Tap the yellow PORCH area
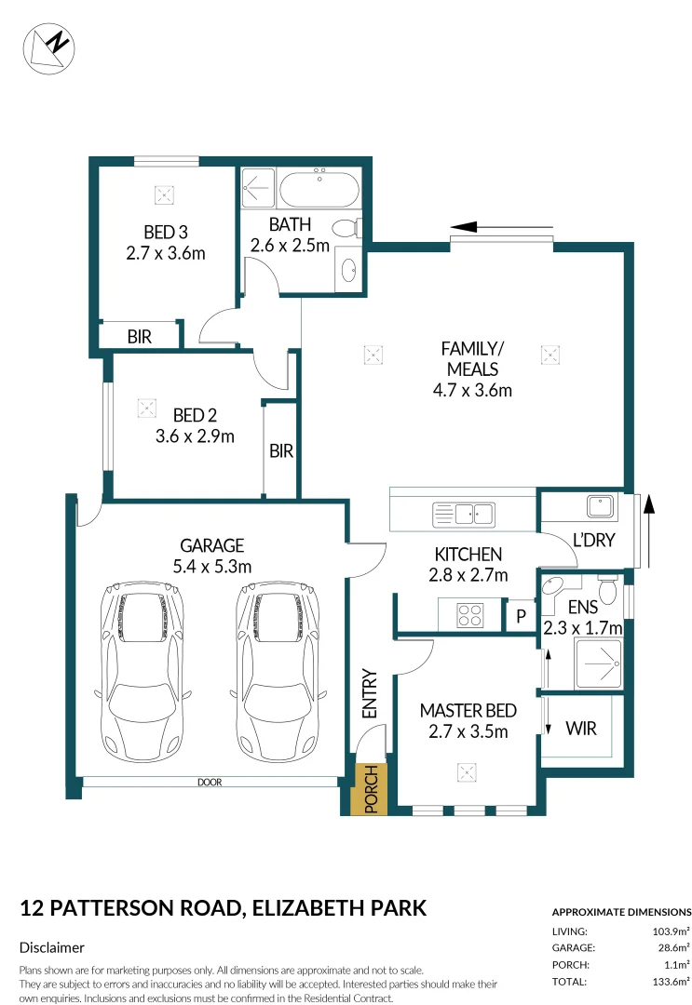click(x=370, y=789)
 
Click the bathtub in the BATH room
click(x=319, y=190)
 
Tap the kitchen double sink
click(x=464, y=513)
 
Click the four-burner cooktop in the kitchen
click(x=468, y=615)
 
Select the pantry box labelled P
click(x=520, y=616)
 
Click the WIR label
click(x=581, y=729)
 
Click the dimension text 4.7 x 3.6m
click(x=472, y=390)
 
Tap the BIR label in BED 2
click(x=281, y=451)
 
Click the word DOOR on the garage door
click(x=210, y=783)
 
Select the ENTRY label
click(x=369, y=694)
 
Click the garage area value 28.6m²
click(x=671, y=947)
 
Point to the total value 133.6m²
click(x=668, y=981)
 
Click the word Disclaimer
click(x=52, y=947)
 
